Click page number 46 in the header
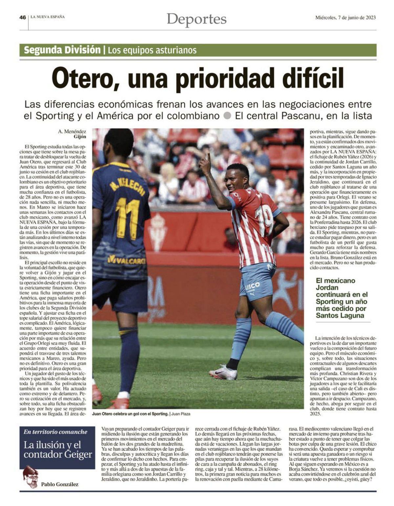[22, 18]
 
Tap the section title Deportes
[196, 19]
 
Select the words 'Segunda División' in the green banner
[62, 50]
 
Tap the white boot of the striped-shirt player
[224, 373]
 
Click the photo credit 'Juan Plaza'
[181, 414]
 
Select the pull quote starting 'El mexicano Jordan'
[341, 298]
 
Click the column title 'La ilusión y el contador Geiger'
[58, 450]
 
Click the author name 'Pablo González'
[60, 484]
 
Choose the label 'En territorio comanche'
[55, 432]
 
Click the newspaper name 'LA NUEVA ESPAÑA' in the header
[48, 17]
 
